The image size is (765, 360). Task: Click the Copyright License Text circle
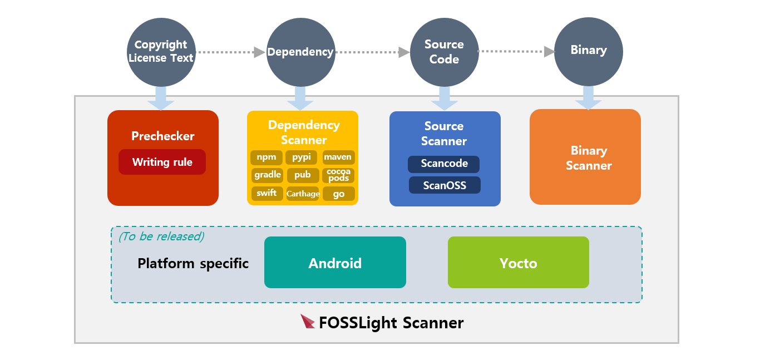click(x=161, y=52)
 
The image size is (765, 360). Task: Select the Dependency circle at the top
click(x=300, y=52)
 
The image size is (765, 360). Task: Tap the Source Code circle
click(x=444, y=52)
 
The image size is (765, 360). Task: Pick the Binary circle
click(x=588, y=51)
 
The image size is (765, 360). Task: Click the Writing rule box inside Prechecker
click(x=162, y=162)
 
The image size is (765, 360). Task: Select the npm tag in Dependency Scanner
click(x=266, y=157)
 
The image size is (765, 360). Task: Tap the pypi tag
click(x=302, y=157)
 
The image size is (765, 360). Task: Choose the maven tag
click(x=338, y=157)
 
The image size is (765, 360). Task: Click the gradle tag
click(x=267, y=175)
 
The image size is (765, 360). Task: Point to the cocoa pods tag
click(x=338, y=175)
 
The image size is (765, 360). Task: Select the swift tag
click(x=266, y=194)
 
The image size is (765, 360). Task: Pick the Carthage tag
click(x=303, y=194)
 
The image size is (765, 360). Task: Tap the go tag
click(x=338, y=194)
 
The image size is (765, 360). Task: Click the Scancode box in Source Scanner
click(x=443, y=164)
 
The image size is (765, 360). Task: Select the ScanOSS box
click(x=444, y=185)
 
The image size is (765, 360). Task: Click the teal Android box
click(x=335, y=263)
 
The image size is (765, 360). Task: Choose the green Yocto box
click(x=518, y=263)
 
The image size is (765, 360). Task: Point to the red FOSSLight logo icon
click(x=308, y=322)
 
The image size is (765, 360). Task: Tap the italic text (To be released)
click(x=161, y=236)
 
